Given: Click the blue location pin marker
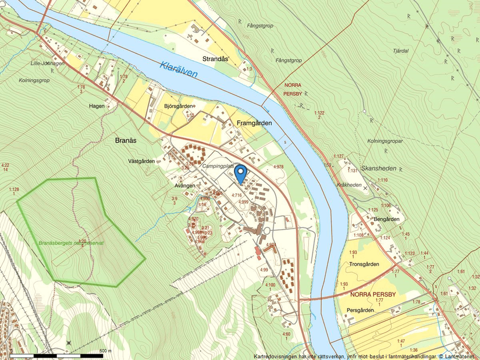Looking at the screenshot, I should click(x=241, y=173).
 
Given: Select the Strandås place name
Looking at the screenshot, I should click(x=215, y=59).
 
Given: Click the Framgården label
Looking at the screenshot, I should click(x=254, y=123).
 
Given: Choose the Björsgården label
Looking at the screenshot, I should click(x=178, y=106).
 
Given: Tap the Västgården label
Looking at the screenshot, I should click(x=141, y=161).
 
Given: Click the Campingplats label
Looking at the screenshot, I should click(x=219, y=166).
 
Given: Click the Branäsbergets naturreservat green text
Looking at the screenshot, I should click(x=71, y=243).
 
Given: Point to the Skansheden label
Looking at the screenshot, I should click(x=379, y=168).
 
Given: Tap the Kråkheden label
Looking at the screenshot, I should click(x=349, y=184).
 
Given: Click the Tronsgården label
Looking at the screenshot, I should click(x=364, y=264).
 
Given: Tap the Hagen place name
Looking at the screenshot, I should click(x=97, y=106).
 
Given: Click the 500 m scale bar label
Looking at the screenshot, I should click(x=105, y=351).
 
